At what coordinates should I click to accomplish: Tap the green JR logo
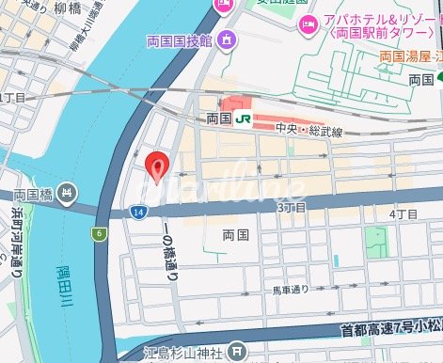click(244, 119)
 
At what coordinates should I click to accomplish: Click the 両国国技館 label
click(181, 41)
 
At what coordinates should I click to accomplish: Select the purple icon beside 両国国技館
click(227, 41)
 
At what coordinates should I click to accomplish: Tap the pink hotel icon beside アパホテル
click(306, 23)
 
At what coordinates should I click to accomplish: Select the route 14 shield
click(138, 214)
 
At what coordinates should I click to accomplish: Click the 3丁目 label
click(293, 207)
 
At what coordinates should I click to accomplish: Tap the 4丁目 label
click(403, 214)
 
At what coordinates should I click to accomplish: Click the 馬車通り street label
click(291, 290)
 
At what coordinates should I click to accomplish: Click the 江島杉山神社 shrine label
click(184, 353)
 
